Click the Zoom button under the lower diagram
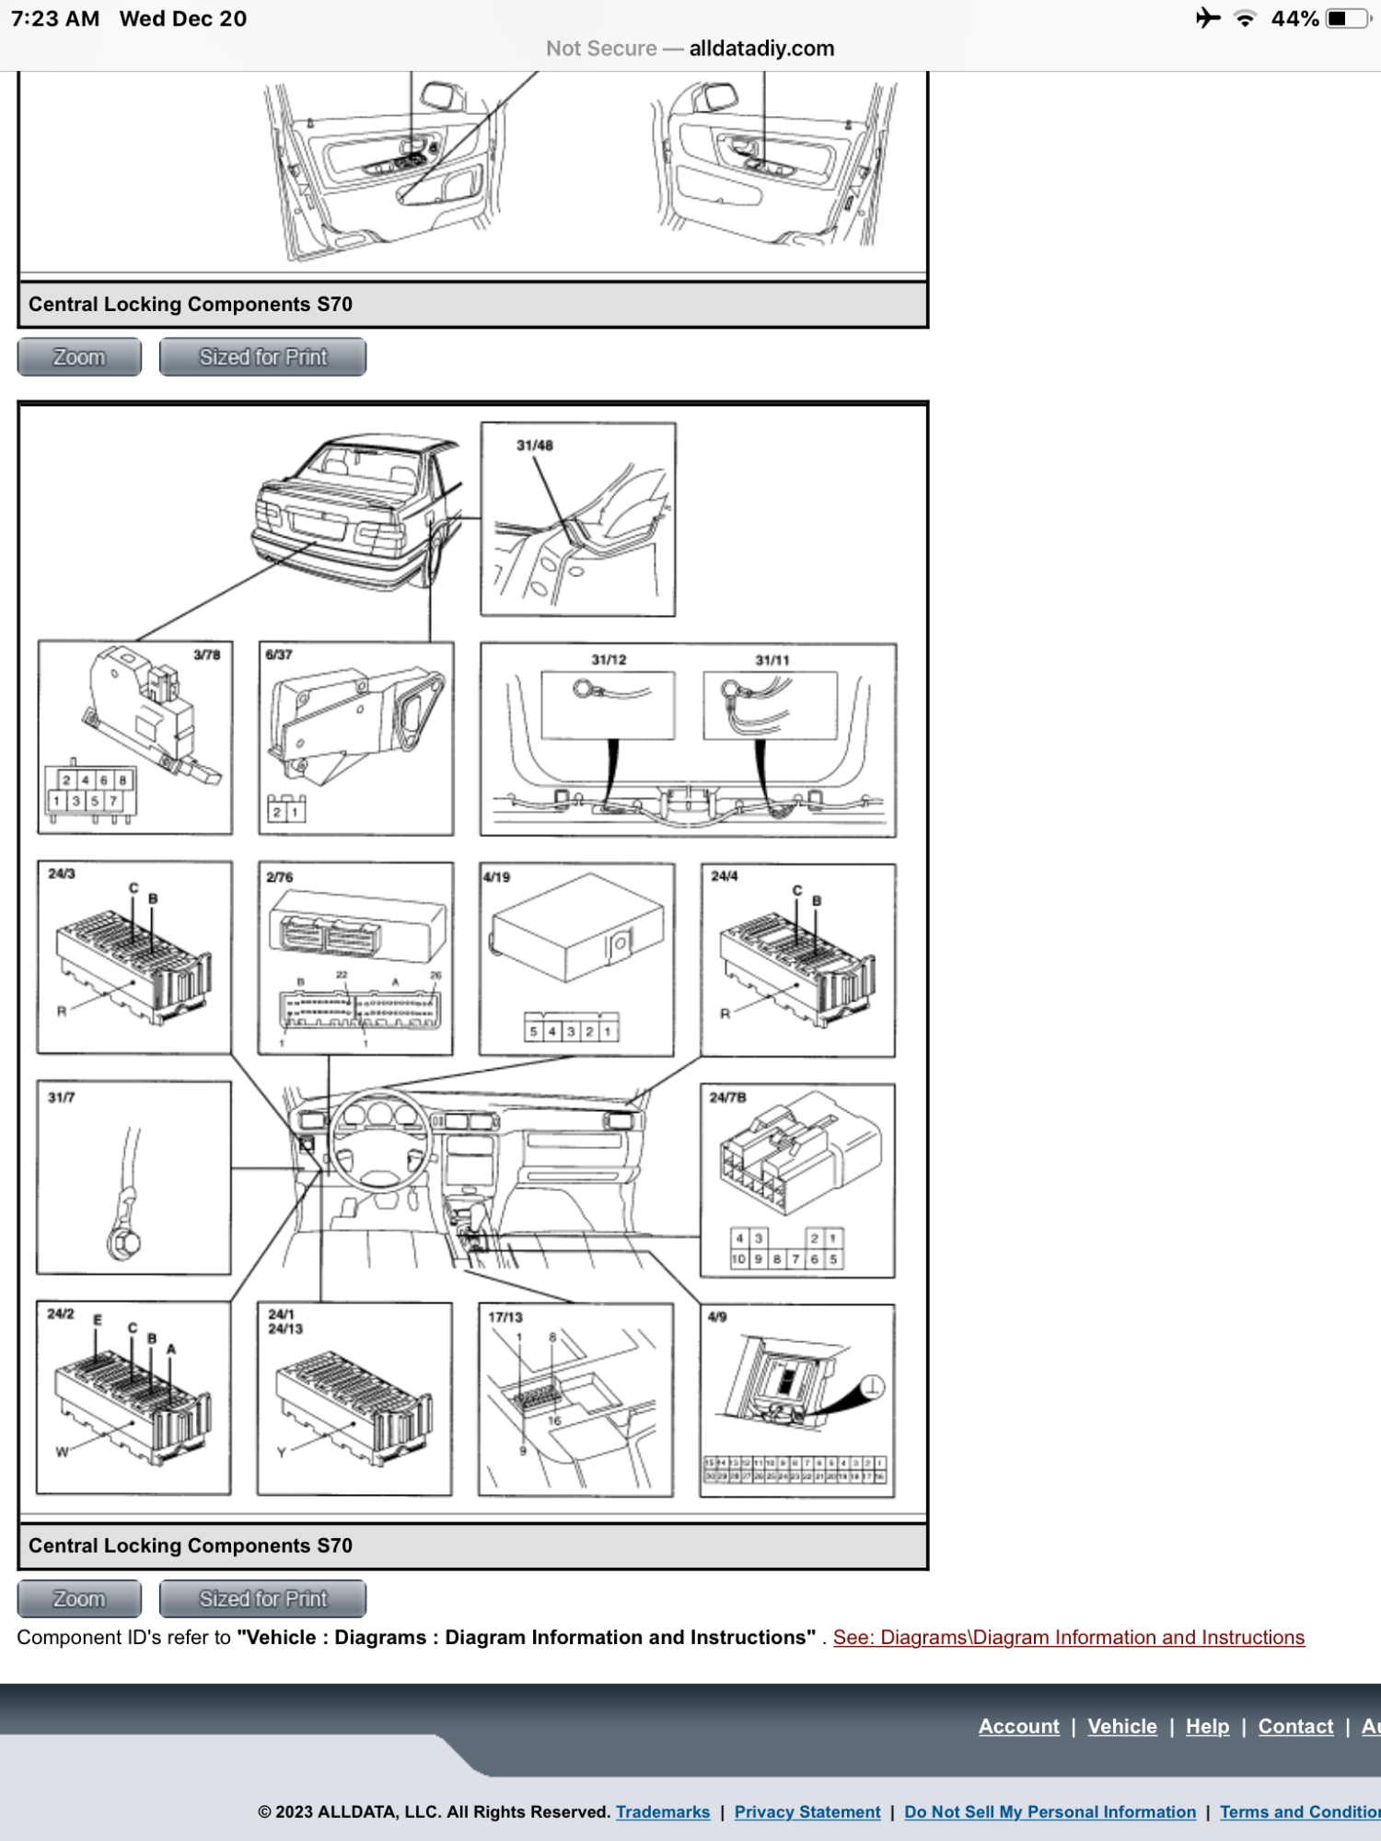(79, 1599)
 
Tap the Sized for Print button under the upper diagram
(262, 357)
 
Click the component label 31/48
(534, 446)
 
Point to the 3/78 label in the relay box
(206, 654)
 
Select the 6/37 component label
(279, 654)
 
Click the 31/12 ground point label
(609, 660)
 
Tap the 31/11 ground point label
(772, 660)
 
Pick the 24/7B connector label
(727, 1097)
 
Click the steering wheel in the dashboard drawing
(379, 1140)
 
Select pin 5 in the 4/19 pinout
(534, 1032)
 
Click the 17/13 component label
(505, 1317)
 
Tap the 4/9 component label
(717, 1317)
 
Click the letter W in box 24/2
(62, 1453)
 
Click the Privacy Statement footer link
(807, 1812)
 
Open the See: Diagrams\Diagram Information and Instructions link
(1068, 1638)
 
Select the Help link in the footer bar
(1207, 1726)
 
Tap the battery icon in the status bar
(1347, 18)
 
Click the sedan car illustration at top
(359, 511)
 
